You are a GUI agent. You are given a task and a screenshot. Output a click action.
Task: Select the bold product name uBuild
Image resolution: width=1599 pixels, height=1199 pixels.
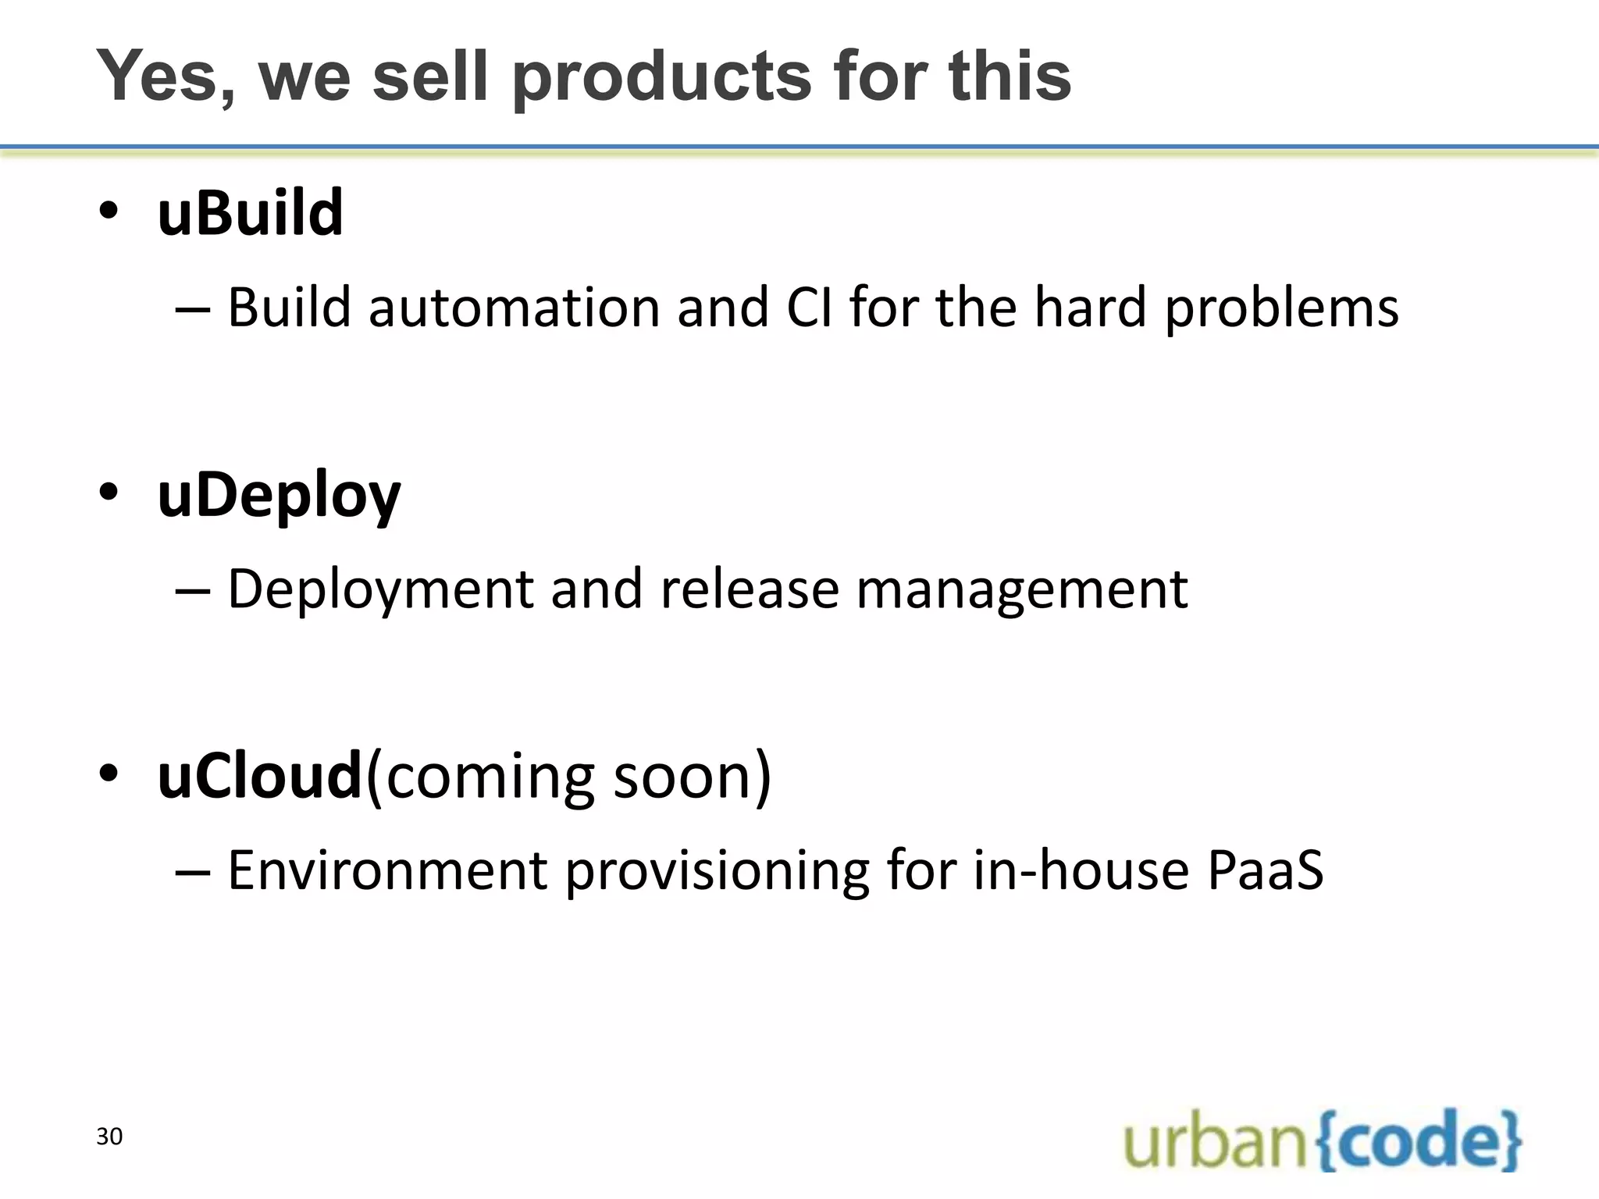[x=250, y=213]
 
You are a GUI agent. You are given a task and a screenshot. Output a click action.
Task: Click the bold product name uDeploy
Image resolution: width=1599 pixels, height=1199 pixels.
[x=279, y=496]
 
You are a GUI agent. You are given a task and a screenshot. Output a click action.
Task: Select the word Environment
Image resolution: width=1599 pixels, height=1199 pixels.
[x=387, y=870]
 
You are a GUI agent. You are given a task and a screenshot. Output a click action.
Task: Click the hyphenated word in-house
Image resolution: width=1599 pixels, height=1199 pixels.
[x=1081, y=870]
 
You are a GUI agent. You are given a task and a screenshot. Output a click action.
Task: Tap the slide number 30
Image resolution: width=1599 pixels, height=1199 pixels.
[x=109, y=1137]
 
